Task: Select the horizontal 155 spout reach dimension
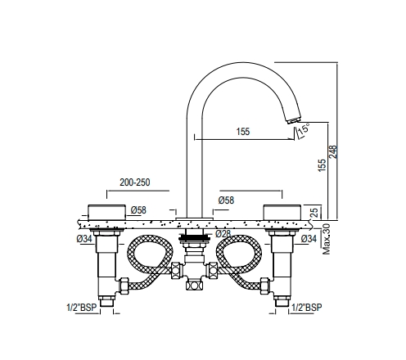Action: tap(243, 131)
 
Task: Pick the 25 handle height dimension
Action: tap(315, 211)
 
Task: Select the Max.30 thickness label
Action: tap(326, 236)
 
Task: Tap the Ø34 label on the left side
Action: tap(83, 238)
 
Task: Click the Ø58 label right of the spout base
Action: tap(226, 200)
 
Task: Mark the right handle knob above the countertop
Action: tap(284, 209)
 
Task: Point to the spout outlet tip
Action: tap(291, 121)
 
